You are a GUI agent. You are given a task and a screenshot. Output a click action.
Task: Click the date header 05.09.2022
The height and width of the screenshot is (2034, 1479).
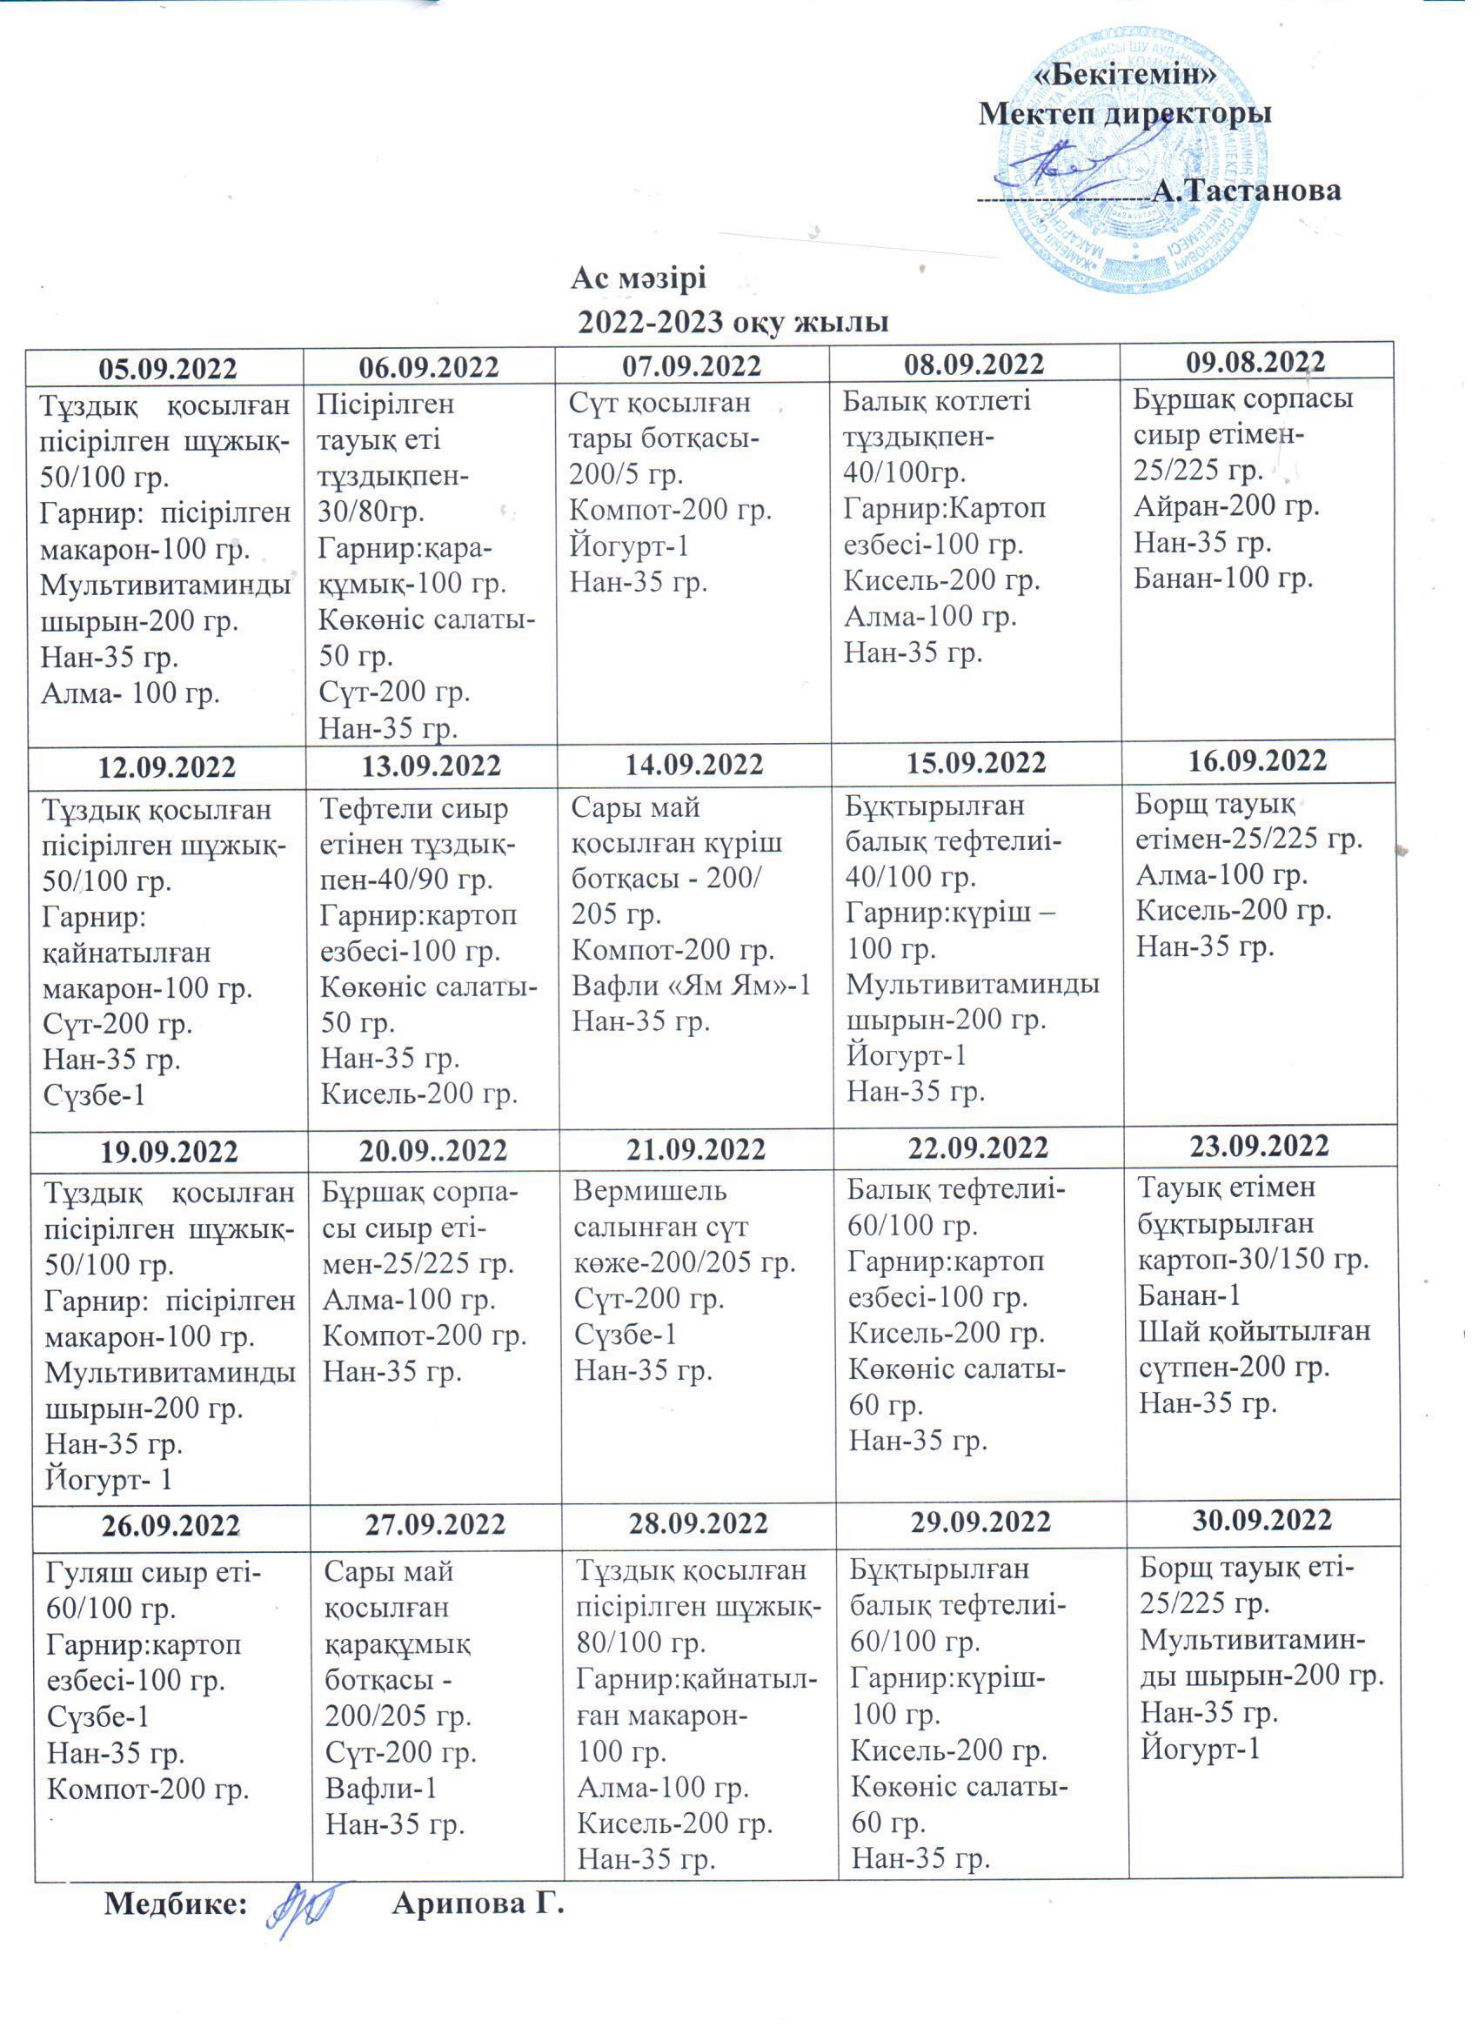pyautogui.click(x=168, y=369)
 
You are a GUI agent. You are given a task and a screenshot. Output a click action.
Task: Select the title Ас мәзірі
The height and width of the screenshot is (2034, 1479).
pyautogui.click(x=639, y=279)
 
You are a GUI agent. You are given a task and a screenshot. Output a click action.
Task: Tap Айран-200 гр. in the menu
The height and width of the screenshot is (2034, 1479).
pyautogui.click(x=1226, y=506)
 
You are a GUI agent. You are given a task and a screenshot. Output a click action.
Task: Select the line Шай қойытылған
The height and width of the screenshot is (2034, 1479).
pyautogui.click(x=1254, y=1331)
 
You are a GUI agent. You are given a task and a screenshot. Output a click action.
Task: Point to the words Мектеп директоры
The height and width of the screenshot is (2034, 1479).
pyautogui.click(x=1125, y=114)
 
